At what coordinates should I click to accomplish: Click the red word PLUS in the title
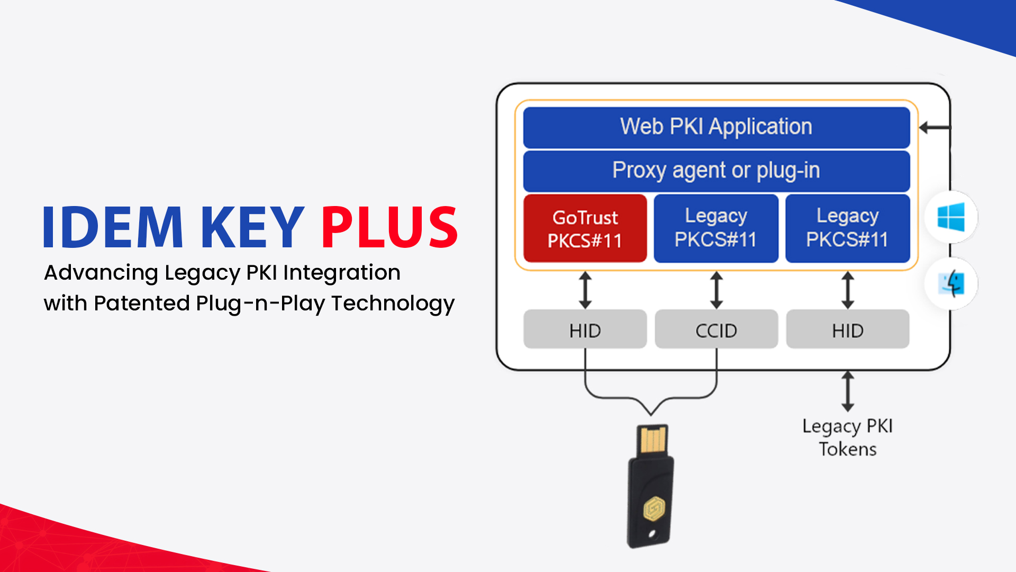point(389,227)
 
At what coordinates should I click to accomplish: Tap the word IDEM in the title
point(113,227)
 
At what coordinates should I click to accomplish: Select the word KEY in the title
point(252,227)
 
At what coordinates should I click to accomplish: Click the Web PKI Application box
point(716,127)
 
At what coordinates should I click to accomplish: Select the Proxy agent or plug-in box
point(716,171)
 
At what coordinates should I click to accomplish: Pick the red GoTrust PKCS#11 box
point(585,229)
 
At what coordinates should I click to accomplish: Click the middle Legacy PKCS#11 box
point(716,228)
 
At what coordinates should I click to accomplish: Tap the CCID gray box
point(716,330)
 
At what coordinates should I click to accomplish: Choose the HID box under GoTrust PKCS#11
point(585,330)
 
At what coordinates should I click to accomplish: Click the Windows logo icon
point(951,217)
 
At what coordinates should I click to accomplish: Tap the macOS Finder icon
point(951,284)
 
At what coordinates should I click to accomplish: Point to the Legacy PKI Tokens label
point(847,437)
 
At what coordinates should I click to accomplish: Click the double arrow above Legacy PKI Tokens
point(848,391)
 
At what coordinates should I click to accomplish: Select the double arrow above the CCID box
point(716,290)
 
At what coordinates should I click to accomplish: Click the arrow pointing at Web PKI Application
point(934,128)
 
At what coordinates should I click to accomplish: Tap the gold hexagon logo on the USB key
point(654,509)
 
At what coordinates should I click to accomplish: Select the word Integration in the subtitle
point(342,273)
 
